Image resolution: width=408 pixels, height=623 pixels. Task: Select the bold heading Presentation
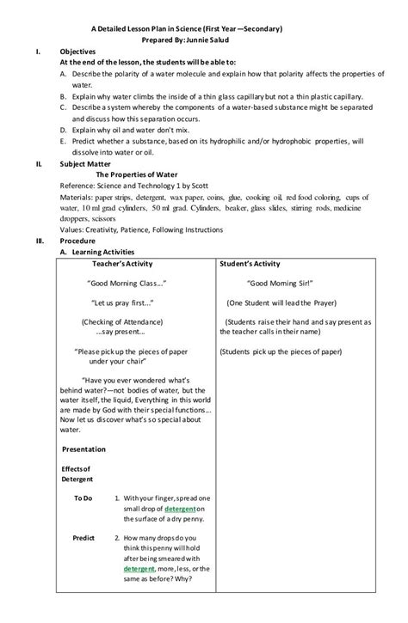click(x=83, y=449)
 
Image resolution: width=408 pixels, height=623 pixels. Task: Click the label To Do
click(x=83, y=498)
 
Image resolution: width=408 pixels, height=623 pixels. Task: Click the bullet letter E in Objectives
click(x=64, y=139)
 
